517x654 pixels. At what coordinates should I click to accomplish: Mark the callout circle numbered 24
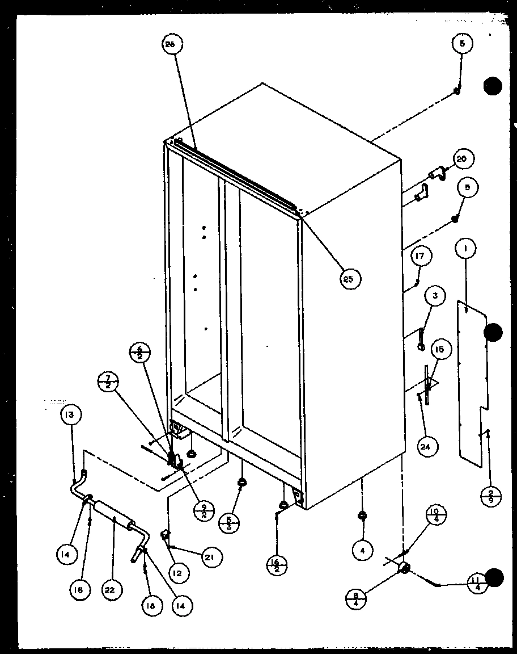426,446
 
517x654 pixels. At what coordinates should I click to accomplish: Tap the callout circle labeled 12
177,573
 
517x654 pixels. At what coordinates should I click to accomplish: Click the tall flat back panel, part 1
473,386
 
